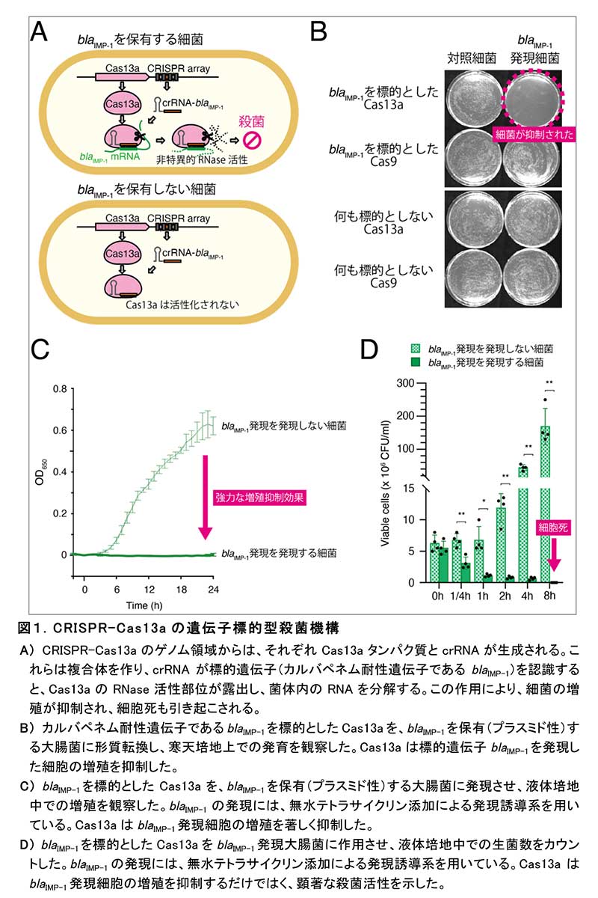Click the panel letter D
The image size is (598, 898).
pyautogui.click(x=372, y=352)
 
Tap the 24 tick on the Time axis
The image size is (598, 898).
pyautogui.click(x=212, y=590)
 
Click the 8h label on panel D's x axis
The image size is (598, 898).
pyautogui.click(x=550, y=596)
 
